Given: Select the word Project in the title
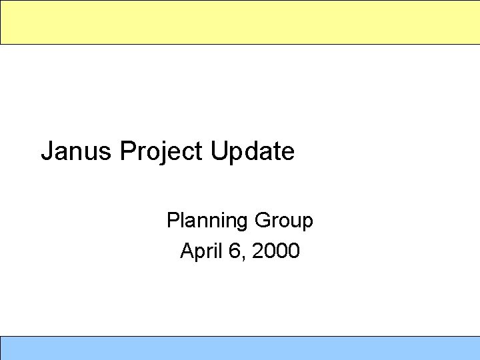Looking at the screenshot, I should (162, 151).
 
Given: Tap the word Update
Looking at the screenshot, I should (253, 151).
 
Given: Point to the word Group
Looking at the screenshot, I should (283, 221).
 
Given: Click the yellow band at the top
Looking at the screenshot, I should (240, 22).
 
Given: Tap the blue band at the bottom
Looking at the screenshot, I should (240, 348).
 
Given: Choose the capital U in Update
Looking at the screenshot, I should (219, 151).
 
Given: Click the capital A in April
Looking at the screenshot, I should (187, 251).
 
